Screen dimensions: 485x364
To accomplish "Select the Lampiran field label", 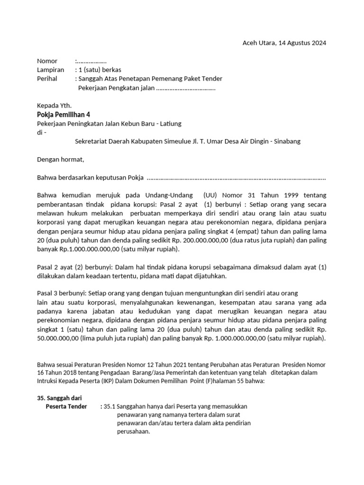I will pyautogui.click(x=50, y=70).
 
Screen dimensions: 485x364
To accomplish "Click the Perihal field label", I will pyautogui.click(x=47, y=78).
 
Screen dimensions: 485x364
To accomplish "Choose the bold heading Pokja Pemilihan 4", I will pyautogui.click(x=63, y=115).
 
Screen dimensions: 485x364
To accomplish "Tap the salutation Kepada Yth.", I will pyautogui.click(x=54, y=106).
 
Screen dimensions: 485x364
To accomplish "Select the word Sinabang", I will pyautogui.click(x=286, y=141).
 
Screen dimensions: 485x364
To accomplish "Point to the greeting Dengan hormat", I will pyautogui.click(x=60, y=159).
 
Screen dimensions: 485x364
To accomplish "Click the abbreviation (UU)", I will pyautogui.click(x=211, y=195).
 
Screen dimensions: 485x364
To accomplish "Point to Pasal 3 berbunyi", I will pyautogui.click(x=60, y=293).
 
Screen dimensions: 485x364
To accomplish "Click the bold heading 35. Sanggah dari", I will pyautogui.click(x=59, y=398).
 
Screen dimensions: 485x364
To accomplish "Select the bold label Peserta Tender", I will pyautogui.click(x=66, y=406).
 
